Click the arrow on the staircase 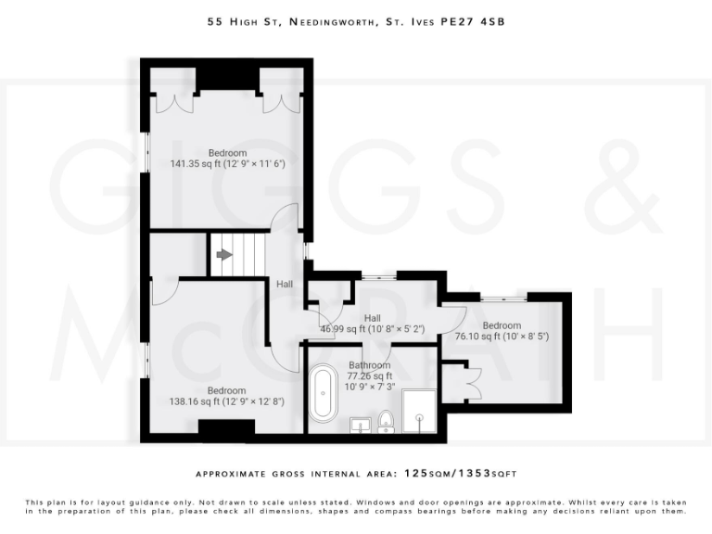tap(223, 255)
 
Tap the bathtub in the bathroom tap(324, 394)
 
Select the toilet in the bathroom tap(388, 424)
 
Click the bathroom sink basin tap(362, 426)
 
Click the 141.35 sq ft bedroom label tap(227, 159)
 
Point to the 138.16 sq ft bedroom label tap(226, 396)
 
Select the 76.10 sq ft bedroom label tap(502, 331)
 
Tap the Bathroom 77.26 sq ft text tap(369, 376)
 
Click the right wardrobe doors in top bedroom tap(279, 102)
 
